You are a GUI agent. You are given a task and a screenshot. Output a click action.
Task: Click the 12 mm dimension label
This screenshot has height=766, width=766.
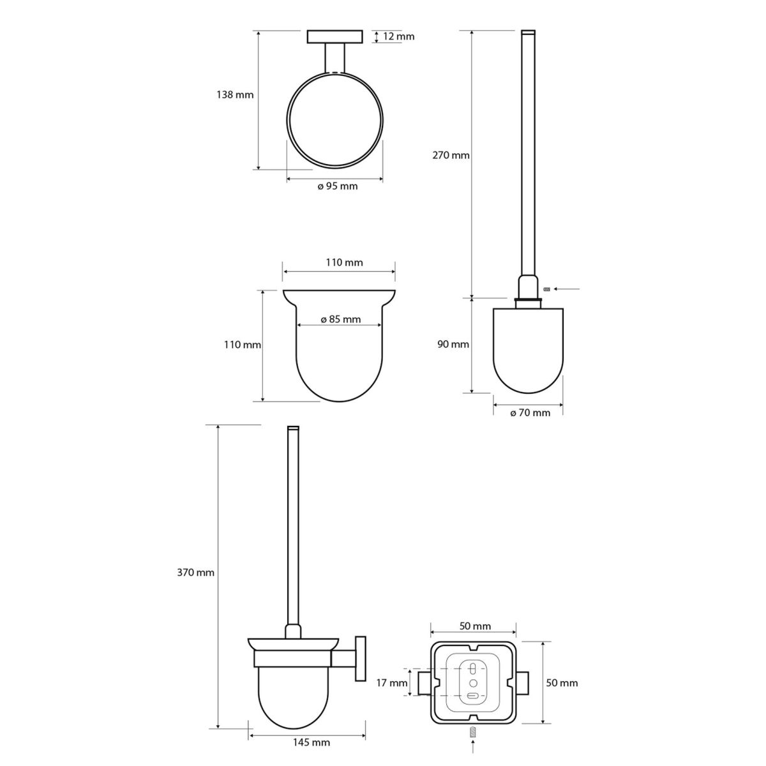(x=399, y=36)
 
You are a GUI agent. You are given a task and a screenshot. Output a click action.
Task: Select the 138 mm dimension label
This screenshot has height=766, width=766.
(x=235, y=95)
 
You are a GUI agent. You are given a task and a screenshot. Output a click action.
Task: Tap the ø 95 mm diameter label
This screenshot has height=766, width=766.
(x=338, y=186)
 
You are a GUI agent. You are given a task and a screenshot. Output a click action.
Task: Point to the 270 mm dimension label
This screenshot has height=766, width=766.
(x=451, y=155)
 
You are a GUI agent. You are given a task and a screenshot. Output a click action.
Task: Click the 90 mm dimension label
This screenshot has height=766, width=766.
(x=453, y=344)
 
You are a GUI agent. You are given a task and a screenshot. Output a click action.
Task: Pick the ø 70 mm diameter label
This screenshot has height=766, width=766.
(x=530, y=412)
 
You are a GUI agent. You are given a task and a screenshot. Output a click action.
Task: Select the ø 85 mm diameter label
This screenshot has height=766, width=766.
(x=341, y=319)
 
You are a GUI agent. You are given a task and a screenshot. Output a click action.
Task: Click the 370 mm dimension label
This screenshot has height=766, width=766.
(x=195, y=573)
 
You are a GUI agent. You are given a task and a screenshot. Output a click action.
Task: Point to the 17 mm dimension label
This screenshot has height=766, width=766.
(x=392, y=683)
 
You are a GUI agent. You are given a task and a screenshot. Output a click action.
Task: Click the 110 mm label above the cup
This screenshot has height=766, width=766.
(x=345, y=262)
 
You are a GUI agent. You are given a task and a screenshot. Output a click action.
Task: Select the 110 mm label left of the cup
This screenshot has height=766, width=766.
(x=243, y=344)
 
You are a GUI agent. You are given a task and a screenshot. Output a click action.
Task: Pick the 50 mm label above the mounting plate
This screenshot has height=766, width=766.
(x=475, y=626)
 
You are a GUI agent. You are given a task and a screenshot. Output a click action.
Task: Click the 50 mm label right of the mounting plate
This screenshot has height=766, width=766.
(x=562, y=683)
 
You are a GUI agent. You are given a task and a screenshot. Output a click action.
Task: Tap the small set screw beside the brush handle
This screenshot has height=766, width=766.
(x=546, y=289)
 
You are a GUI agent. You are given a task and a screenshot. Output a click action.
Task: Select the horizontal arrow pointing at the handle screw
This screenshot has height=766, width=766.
(x=567, y=289)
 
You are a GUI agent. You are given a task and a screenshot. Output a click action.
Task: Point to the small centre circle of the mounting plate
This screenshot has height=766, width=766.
(x=473, y=682)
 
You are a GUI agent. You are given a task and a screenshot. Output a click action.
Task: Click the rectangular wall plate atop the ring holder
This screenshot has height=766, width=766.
(x=334, y=37)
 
